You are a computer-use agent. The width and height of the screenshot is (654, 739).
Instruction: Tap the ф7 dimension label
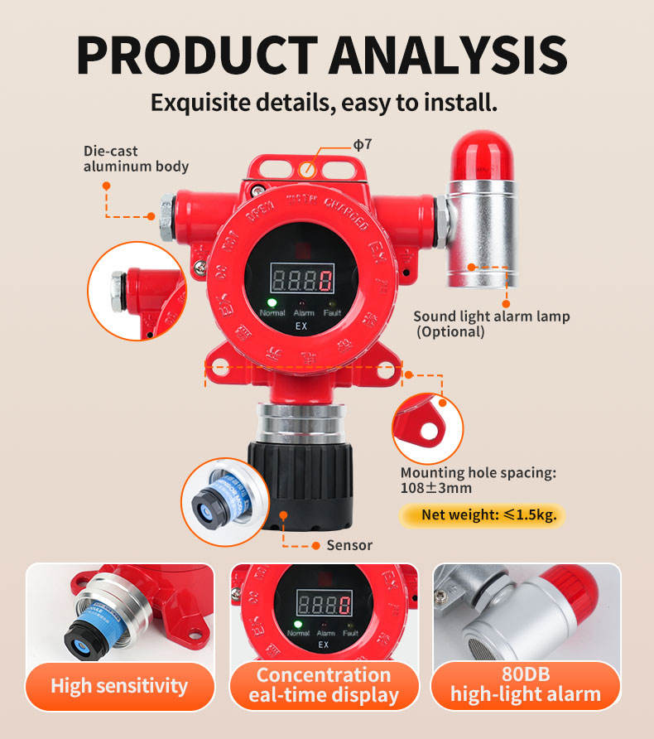(363, 144)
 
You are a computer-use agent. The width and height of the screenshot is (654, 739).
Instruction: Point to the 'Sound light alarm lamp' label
(491, 316)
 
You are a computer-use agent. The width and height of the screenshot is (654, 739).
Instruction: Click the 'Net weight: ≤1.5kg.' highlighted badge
(481, 514)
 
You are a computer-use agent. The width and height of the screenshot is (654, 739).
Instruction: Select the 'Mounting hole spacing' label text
(478, 473)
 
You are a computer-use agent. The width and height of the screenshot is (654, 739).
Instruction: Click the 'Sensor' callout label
(349, 545)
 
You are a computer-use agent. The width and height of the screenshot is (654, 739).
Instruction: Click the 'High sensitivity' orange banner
(119, 685)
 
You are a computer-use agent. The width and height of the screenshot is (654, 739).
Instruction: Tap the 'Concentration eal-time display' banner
(324, 685)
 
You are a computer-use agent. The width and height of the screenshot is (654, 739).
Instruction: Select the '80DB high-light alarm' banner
(526, 685)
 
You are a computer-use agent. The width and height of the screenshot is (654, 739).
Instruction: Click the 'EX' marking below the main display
(302, 326)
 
